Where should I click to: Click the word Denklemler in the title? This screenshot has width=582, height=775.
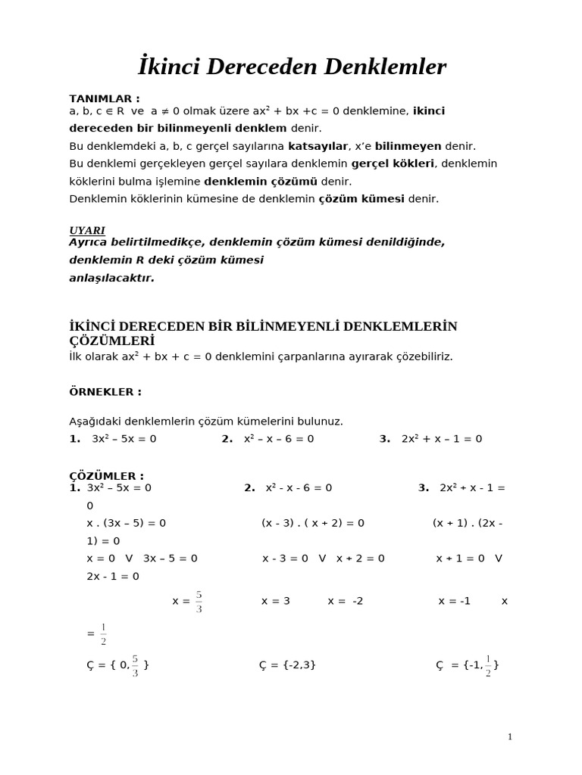click(x=385, y=67)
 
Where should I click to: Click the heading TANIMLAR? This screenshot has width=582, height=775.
click(x=105, y=98)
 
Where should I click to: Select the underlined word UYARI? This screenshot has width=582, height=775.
click(x=87, y=230)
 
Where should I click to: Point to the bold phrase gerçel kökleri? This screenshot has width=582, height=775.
click(x=393, y=163)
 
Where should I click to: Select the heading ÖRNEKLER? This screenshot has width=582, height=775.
click(x=105, y=392)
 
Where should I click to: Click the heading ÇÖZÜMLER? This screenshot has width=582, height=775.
click(x=106, y=476)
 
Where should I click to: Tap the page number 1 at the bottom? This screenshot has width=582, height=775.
click(x=510, y=736)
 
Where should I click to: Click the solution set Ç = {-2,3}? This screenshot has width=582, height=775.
click(x=287, y=665)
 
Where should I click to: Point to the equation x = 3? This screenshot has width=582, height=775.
click(x=276, y=601)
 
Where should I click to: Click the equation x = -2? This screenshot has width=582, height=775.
click(x=346, y=601)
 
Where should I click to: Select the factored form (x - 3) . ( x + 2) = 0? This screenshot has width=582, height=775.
click(x=313, y=523)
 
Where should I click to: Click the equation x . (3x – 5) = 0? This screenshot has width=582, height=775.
click(x=127, y=523)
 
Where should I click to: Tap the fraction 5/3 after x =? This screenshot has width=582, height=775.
click(x=199, y=602)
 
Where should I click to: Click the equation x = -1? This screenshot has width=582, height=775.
click(x=455, y=601)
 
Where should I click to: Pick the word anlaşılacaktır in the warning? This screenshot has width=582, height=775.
click(x=111, y=278)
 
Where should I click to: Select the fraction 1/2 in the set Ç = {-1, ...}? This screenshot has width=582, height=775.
click(x=488, y=665)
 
